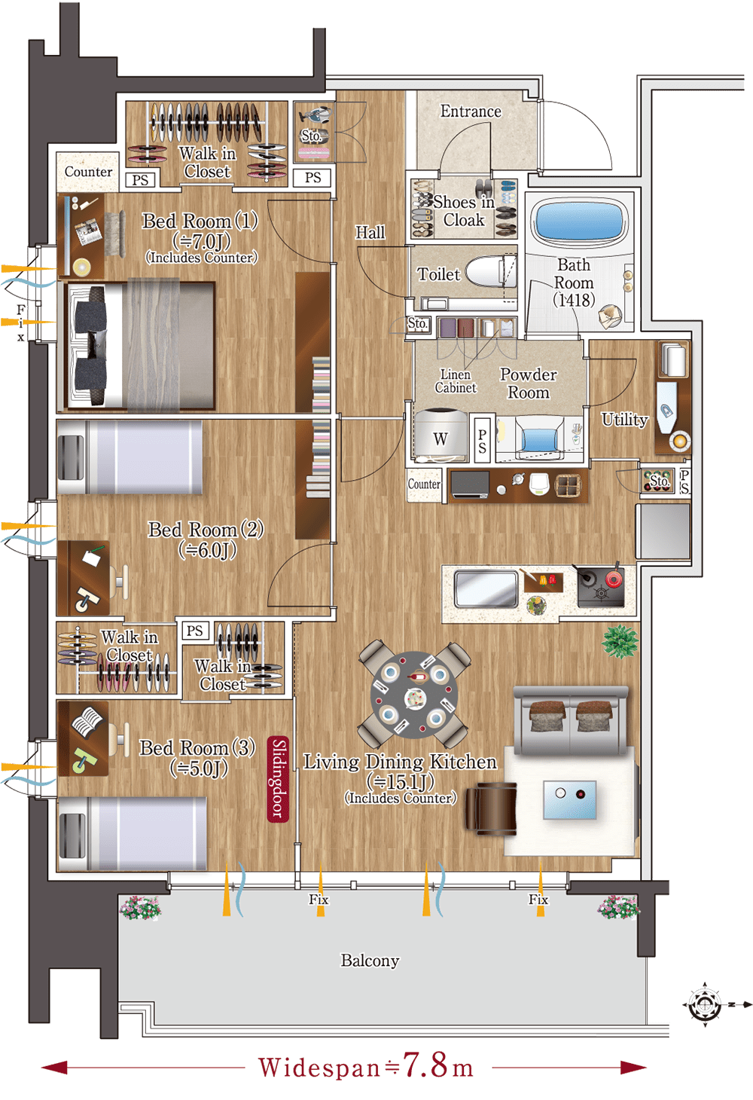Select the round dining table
tap(414, 695)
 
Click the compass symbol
tap(706, 1005)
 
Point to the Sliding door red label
tap(278, 778)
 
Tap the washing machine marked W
tap(441, 435)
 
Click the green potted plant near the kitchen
tap(620, 641)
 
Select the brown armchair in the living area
tap(491, 808)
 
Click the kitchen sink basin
tap(486, 588)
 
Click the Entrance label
tap(471, 112)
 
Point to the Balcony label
tap(370, 961)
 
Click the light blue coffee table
tap(569, 800)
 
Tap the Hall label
tap(370, 232)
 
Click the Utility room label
tap(624, 420)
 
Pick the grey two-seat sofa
tap(571, 720)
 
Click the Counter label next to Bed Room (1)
tap(88, 172)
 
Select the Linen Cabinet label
tap(456, 381)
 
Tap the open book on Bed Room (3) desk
tap(87, 721)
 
